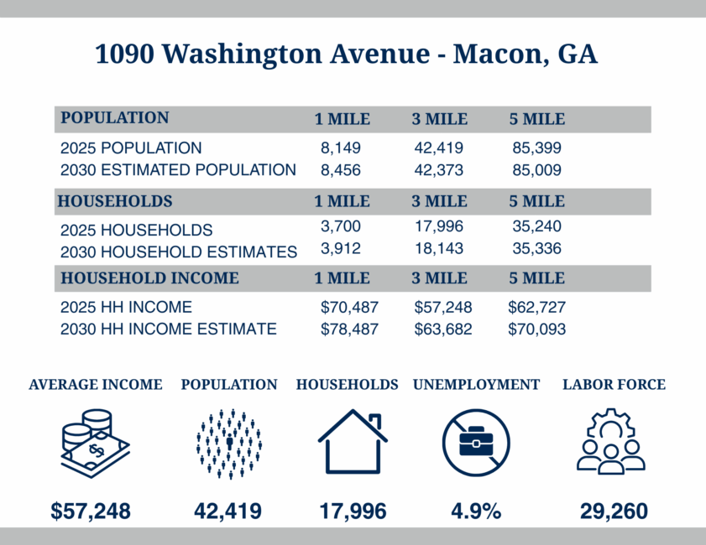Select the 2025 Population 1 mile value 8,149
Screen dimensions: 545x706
(x=340, y=148)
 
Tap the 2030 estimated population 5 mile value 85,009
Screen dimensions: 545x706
(x=536, y=170)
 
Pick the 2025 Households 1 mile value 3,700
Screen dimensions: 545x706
(x=340, y=226)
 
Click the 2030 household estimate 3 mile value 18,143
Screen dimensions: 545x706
(x=439, y=249)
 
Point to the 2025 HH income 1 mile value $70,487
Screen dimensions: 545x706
(x=349, y=307)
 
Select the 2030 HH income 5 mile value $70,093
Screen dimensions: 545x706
(x=536, y=330)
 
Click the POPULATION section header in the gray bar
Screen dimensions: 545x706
(x=114, y=118)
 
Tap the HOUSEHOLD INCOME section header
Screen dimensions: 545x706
(x=148, y=278)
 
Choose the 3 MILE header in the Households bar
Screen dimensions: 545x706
(x=439, y=201)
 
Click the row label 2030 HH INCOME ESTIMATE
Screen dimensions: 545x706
(x=168, y=330)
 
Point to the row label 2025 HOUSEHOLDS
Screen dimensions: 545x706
(x=136, y=231)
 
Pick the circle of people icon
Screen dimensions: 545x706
(x=228, y=444)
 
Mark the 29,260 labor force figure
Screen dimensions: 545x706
(x=613, y=511)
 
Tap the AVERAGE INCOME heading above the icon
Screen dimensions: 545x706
(x=95, y=385)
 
